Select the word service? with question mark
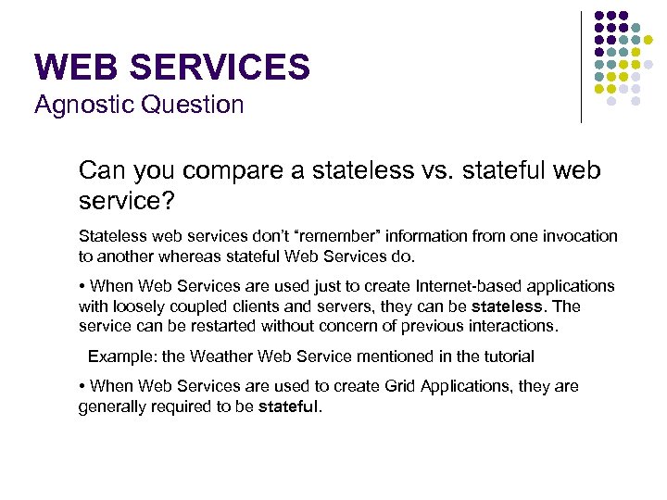click(x=121, y=201)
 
